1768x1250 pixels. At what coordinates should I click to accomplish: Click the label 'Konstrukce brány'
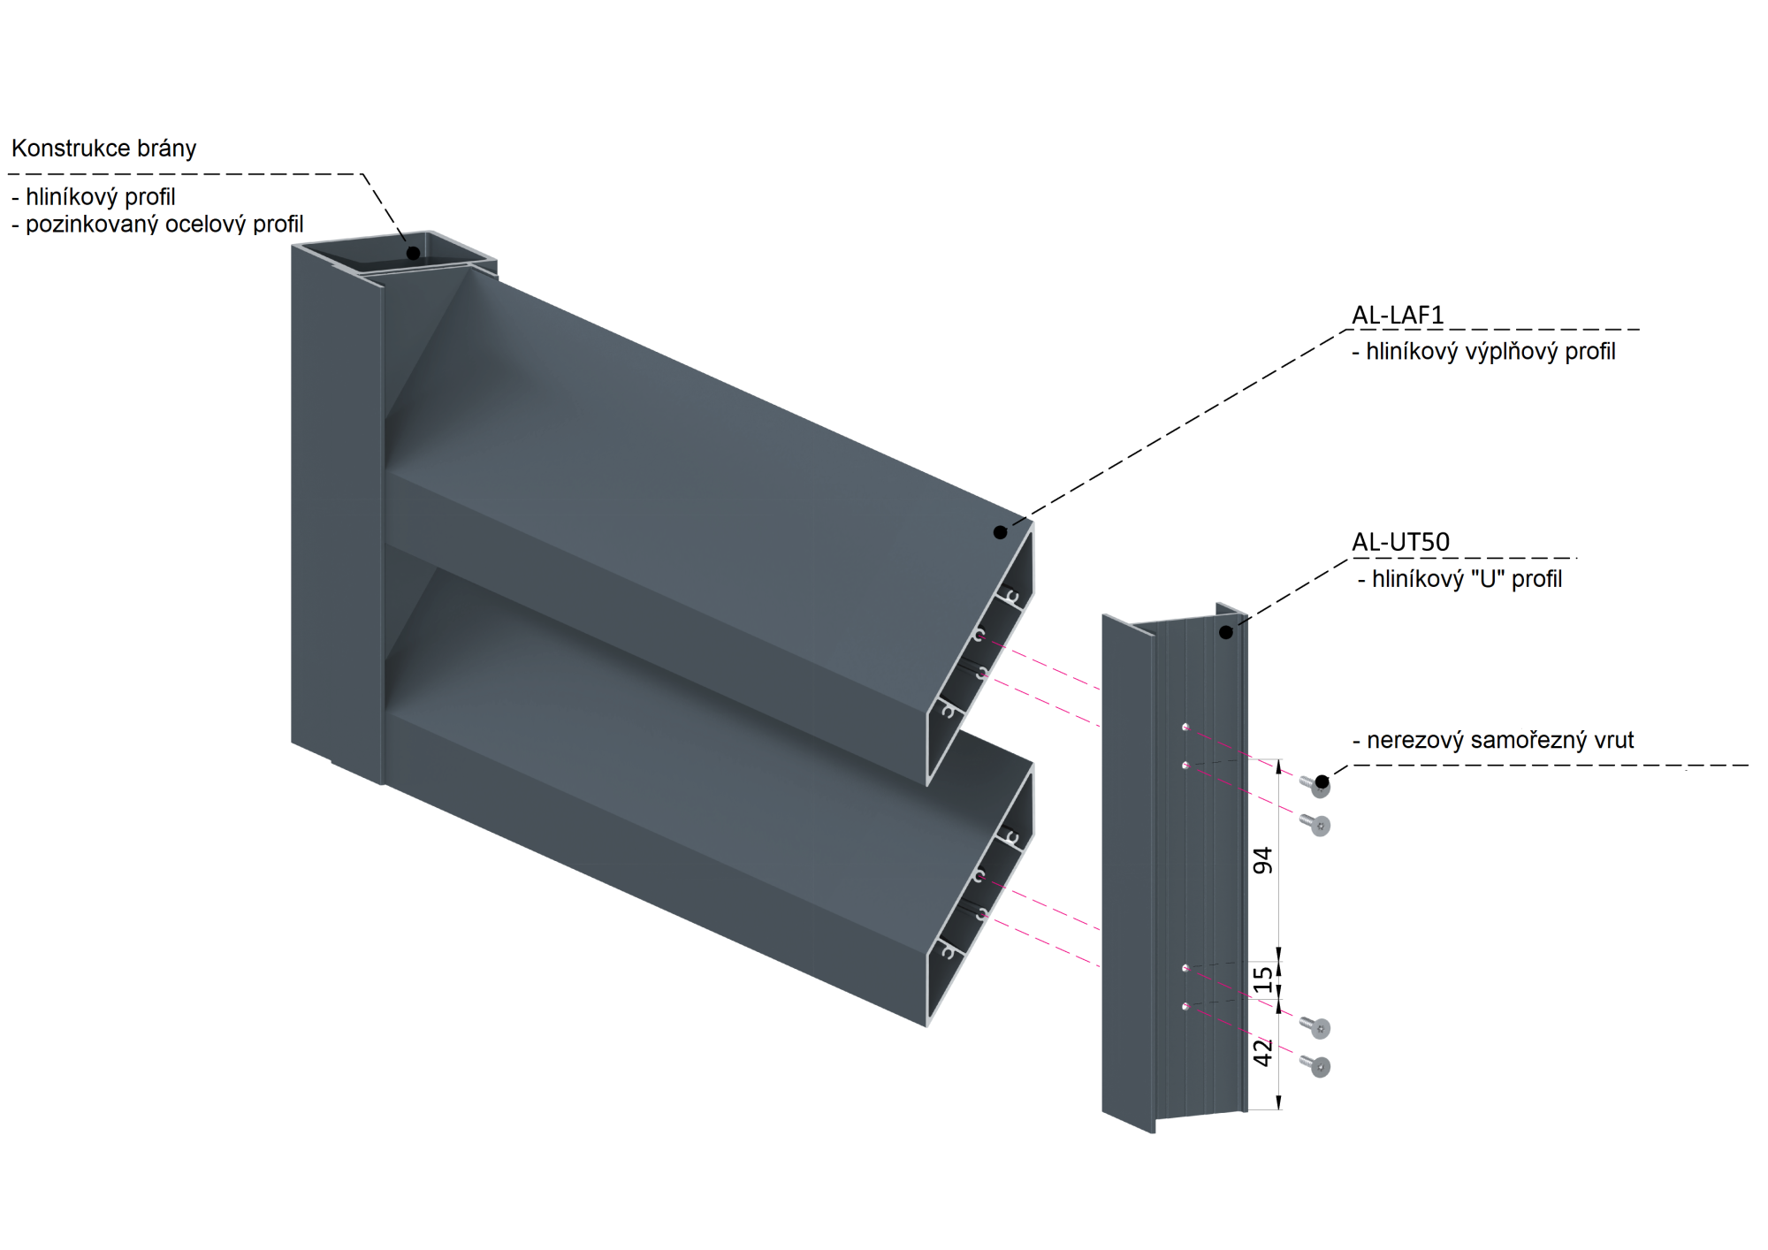point(103,149)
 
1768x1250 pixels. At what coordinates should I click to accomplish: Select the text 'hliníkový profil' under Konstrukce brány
point(101,196)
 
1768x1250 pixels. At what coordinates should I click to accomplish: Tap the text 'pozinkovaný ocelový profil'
point(164,225)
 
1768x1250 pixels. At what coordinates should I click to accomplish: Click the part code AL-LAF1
point(1398,315)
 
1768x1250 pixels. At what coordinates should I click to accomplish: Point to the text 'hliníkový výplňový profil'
point(1490,352)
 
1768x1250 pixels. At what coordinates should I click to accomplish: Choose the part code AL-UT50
point(1401,542)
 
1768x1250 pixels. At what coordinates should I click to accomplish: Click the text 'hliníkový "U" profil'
point(1467,579)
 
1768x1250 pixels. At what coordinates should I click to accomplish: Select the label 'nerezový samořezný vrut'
point(1500,740)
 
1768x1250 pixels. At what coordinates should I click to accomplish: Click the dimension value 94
point(1263,860)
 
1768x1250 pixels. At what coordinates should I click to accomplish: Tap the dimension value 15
point(1263,979)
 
